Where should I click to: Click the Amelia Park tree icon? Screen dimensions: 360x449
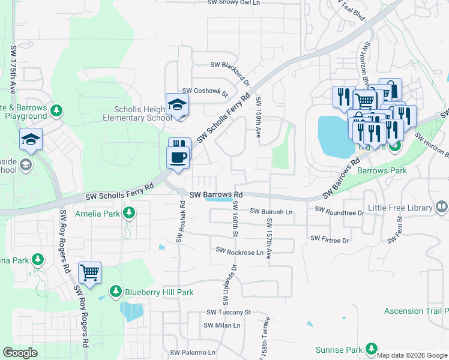(x=128, y=213)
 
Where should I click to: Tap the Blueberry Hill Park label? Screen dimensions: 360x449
(x=158, y=292)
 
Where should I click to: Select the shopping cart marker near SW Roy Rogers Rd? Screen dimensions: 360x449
(x=89, y=274)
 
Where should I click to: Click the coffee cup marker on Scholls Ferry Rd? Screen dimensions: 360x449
(x=178, y=158)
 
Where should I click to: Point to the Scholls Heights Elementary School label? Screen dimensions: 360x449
(x=134, y=113)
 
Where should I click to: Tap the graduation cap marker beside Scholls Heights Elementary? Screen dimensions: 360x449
(x=178, y=105)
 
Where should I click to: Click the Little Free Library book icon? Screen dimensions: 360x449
(x=442, y=208)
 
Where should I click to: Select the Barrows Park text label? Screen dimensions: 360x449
(x=382, y=170)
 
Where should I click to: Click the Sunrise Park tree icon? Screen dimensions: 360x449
(x=372, y=349)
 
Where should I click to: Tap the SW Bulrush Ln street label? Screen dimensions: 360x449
(x=271, y=212)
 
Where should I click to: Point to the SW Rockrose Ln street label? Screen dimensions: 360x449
(x=240, y=252)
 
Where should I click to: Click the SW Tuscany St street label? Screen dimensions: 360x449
(x=228, y=312)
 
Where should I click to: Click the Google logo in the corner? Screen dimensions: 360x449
(x=20, y=353)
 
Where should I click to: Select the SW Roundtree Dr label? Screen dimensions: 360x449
(x=339, y=212)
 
